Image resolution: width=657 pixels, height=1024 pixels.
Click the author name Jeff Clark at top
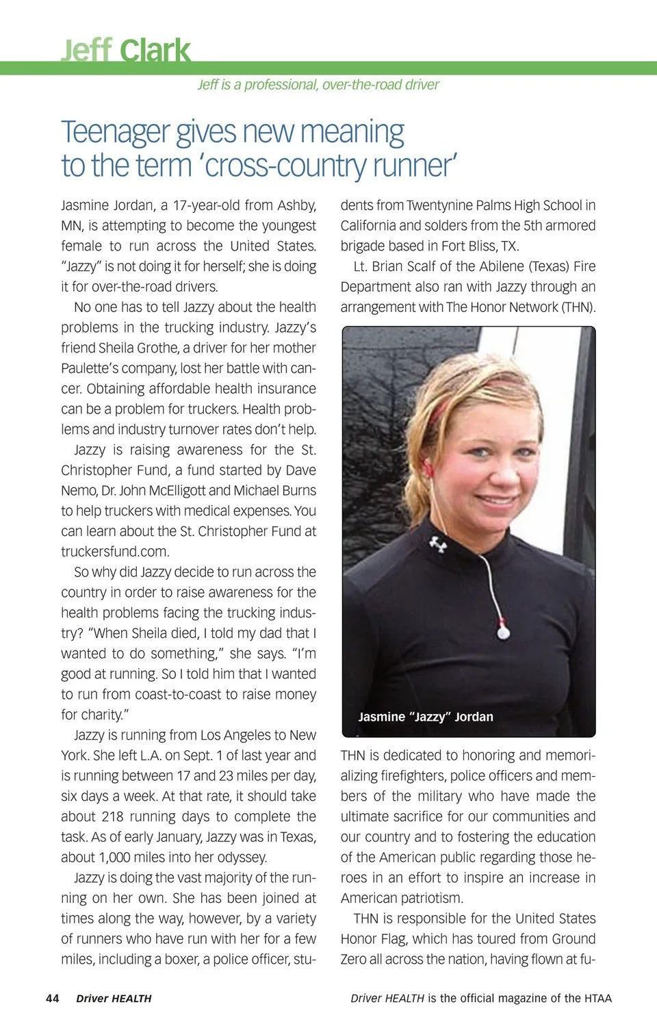(x=126, y=51)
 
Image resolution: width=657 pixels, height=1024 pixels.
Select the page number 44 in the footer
(x=52, y=998)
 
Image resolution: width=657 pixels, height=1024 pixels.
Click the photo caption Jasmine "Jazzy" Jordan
(x=425, y=717)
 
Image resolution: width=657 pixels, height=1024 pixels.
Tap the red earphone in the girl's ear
(x=428, y=470)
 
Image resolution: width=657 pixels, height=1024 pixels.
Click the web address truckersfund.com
(x=115, y=551)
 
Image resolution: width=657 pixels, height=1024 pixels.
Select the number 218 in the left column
(x=113, y=816)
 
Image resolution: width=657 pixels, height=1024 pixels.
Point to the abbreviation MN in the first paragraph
(x=71, y=225)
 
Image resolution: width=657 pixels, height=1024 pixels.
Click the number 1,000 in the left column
(x=120, y=857)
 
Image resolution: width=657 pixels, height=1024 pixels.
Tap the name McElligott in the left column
(x=172, y=490)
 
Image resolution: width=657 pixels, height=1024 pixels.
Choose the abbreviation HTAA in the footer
(x=597, y=998)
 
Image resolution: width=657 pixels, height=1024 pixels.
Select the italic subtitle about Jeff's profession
(x=318, y=85)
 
